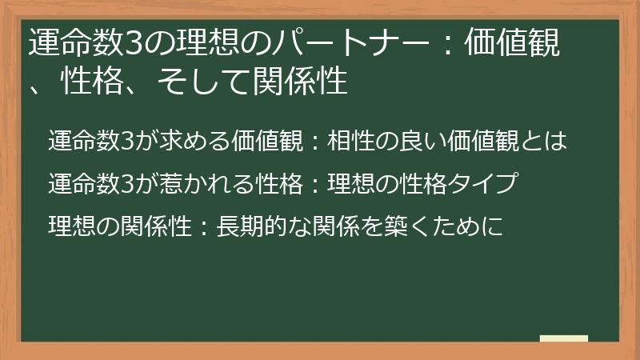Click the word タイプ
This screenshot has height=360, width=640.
coord(479,183)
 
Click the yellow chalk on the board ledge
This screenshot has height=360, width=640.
coord(564,339)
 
